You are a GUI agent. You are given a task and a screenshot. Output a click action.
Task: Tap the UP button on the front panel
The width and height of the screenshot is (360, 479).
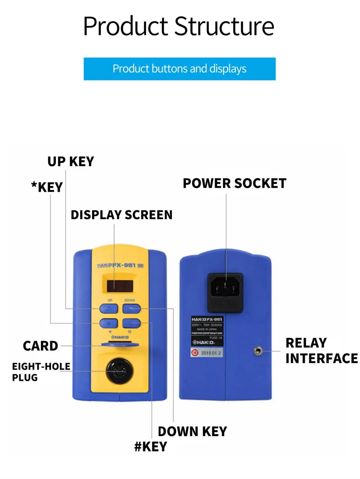109,309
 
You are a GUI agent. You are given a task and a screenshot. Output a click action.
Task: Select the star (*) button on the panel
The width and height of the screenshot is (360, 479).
109,323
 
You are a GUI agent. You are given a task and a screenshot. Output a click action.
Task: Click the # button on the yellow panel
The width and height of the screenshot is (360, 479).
131,323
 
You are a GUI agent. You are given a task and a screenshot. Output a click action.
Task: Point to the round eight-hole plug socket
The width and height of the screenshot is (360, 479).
119,371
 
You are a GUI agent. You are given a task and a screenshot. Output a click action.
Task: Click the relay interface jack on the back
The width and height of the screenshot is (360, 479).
258,351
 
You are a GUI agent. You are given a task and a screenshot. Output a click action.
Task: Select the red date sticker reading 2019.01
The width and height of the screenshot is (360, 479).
207,352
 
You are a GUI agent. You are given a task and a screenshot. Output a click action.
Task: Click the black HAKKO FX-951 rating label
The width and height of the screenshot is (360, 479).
207,331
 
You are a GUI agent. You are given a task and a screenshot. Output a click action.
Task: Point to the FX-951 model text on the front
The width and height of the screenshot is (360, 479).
124,265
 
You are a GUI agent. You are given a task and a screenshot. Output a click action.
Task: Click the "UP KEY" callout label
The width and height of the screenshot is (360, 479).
71,161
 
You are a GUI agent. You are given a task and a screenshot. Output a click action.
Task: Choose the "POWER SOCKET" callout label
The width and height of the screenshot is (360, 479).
234,183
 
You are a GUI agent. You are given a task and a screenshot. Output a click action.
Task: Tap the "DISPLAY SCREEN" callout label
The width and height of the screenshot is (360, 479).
122,215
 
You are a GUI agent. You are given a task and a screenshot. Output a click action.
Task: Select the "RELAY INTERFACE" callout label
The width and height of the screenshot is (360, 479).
321,351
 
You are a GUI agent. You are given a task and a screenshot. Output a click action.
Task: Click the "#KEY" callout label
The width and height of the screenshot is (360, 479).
150,447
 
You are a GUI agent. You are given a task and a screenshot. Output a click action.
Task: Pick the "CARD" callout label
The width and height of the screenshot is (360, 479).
40,346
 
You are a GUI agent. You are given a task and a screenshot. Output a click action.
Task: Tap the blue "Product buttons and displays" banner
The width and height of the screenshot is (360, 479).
179,69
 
